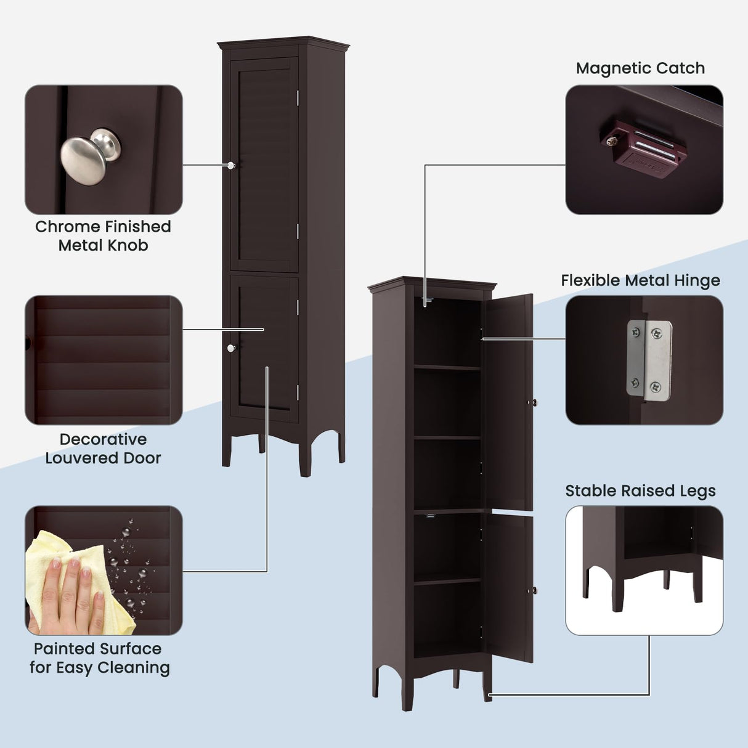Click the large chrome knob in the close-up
pos(89,157)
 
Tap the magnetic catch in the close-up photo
pos(642,150)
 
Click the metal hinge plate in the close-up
pos(649,360)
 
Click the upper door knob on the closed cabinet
pos(231,165)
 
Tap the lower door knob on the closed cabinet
pos(231,349)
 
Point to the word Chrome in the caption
pos(65,227)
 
